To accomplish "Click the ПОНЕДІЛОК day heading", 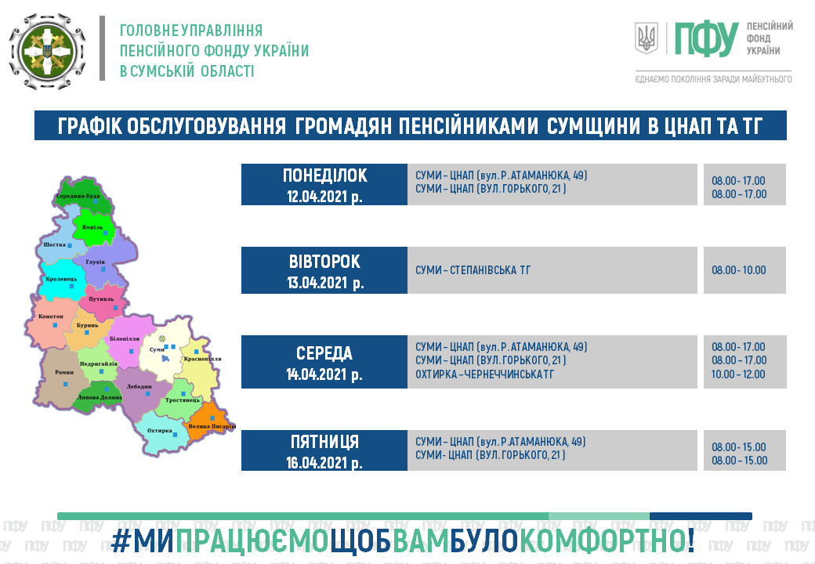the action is click(325, 175).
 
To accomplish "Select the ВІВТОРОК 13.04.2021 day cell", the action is click(324, 270).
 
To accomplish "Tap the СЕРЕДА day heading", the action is click(324, 353).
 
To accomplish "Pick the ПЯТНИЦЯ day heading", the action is click(324, 442).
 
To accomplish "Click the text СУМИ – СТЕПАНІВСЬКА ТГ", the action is click(473, 270).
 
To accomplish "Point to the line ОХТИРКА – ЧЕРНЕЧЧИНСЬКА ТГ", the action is click(484, 374).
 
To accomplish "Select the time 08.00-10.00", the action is click(738, 270).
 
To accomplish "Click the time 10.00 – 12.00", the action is click(738, 374).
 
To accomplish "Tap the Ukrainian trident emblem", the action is click(647, 38).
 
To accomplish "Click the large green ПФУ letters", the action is click(706, 39).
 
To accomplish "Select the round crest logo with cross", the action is click(47, 51).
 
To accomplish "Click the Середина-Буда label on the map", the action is click(78, 196).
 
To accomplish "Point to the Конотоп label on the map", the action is click(50, 316).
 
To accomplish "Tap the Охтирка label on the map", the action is click(159, 431).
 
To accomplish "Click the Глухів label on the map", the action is click(95, 262).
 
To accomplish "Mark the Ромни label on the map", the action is click(64, 372).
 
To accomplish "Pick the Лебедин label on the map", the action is click(139, 386).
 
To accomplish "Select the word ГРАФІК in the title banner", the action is click(89, 126).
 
